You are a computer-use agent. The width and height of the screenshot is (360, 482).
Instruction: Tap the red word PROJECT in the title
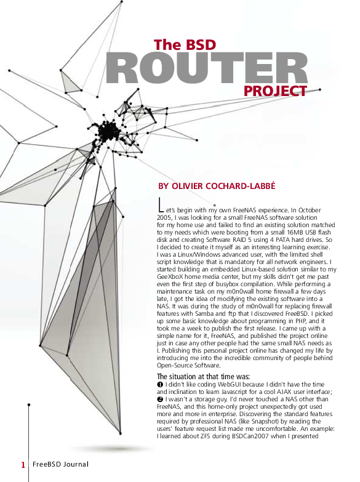click(x=274, y=92)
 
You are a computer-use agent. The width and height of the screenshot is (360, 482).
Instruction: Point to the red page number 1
click(x=23, y=465)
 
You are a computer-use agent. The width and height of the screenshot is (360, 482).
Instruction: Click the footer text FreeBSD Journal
click(x=60, y=464)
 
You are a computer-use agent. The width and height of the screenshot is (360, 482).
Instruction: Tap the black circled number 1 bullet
click(x=160, y=385)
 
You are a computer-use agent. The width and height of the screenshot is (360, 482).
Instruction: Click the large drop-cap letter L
click(x=161, y=204)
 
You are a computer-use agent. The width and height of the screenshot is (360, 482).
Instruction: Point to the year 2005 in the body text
click(x=166, y=218)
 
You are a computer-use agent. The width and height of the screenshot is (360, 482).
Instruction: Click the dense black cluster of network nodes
click(x=110, y=131)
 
